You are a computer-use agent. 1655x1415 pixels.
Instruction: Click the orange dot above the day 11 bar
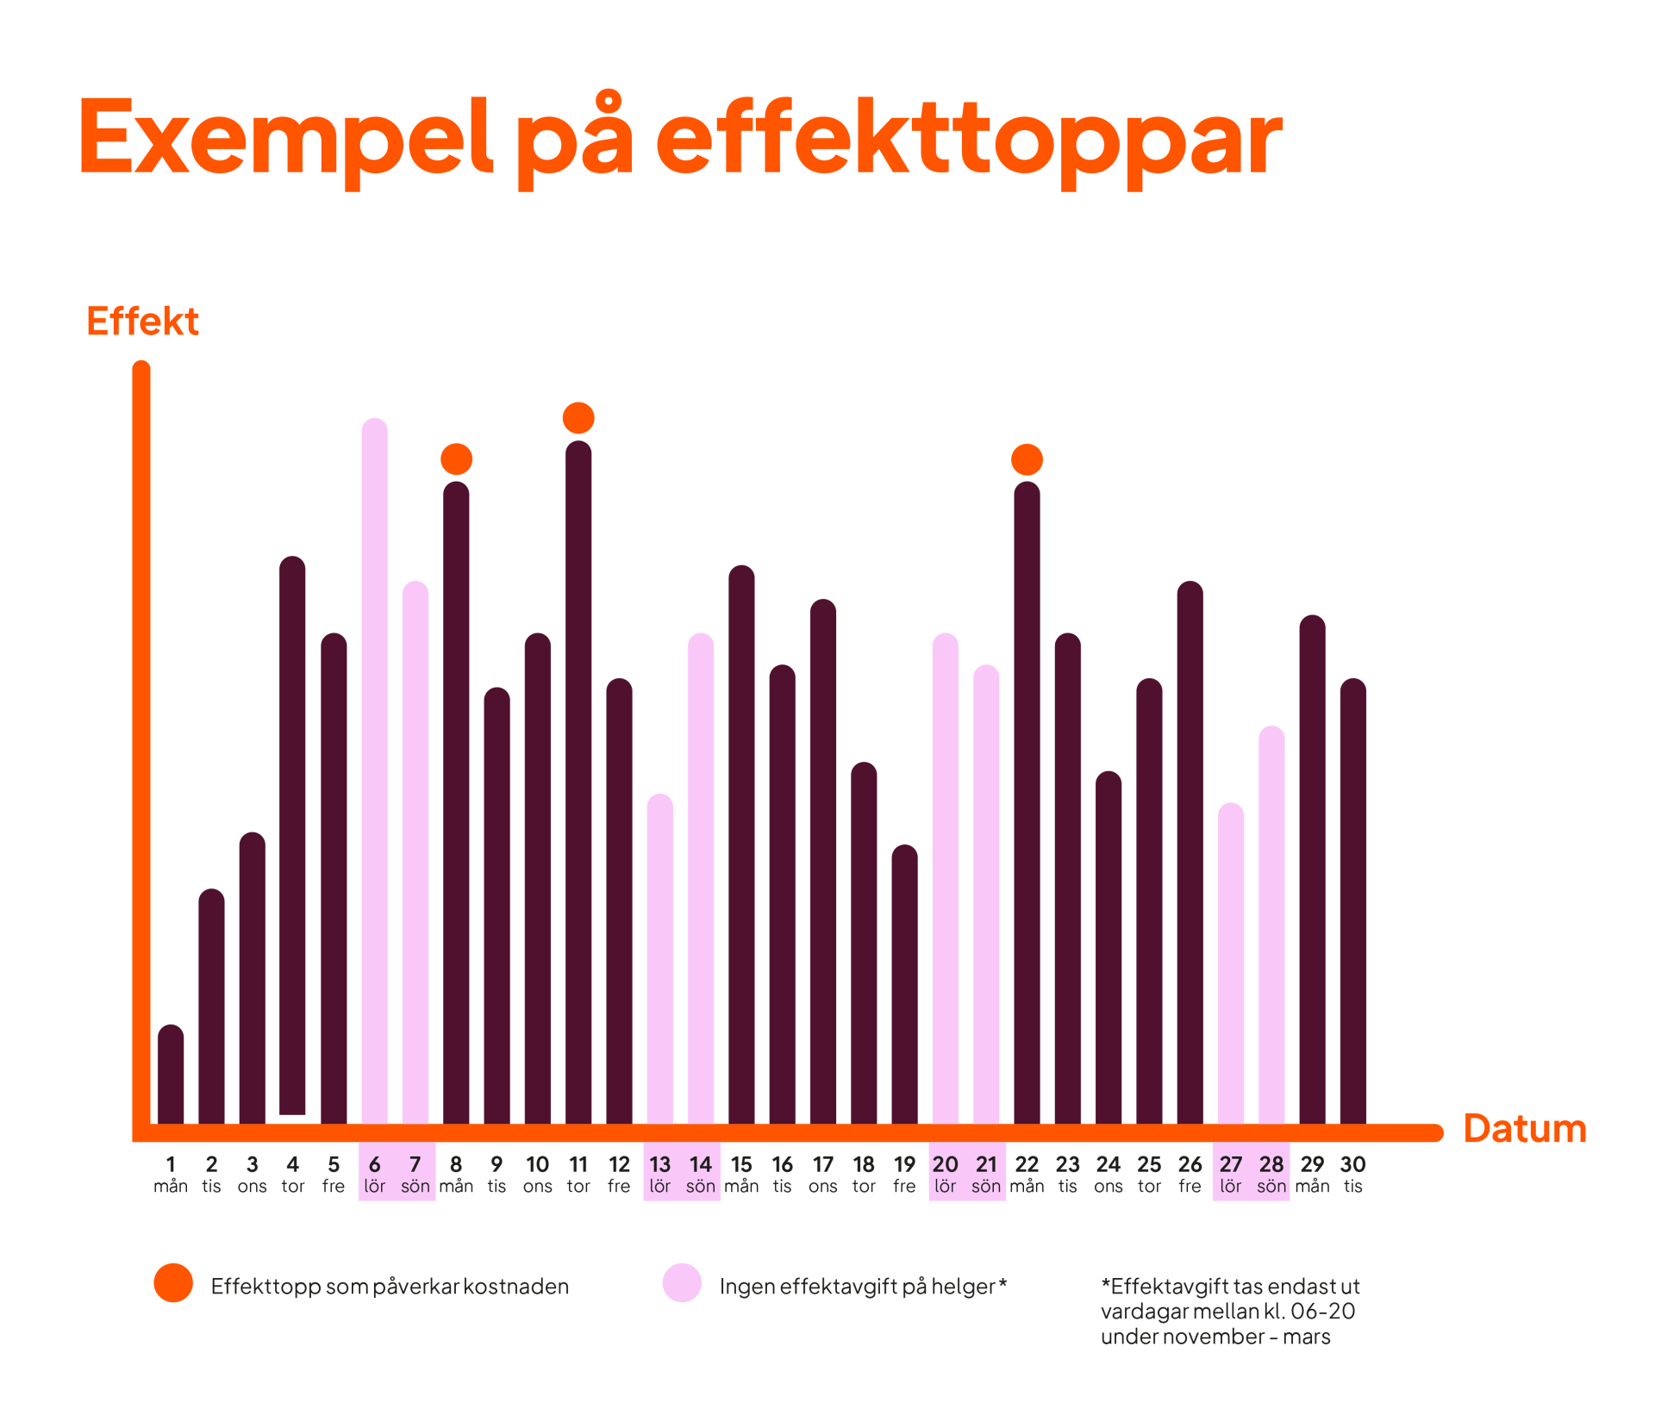click(578, 418)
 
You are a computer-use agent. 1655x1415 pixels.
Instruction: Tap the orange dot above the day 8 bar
click(457, 459)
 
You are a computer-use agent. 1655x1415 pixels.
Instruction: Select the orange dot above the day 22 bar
click(1027, 459)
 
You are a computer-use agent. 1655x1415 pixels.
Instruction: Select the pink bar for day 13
click(659, 957)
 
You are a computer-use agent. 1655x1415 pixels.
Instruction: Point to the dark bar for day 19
click(904, 982)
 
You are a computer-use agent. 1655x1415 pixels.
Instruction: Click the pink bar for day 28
click(1271, 922)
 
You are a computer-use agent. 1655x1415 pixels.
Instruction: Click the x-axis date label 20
click(945, 1165)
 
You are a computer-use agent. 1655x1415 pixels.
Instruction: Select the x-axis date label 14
click(701, 1165)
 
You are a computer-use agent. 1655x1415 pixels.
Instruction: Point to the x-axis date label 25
click(1149, 1165)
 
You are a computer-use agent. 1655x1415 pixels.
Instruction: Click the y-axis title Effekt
click(142, 321)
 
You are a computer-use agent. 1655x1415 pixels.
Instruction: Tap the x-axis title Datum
click(1525, 1129)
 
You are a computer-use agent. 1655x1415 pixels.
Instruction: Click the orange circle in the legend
click(173, 1283)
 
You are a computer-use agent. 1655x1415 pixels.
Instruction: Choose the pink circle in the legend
click(682, 1283)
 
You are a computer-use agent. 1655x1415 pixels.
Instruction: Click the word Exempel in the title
click(284, 138)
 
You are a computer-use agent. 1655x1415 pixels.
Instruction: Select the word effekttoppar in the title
click(970, 142)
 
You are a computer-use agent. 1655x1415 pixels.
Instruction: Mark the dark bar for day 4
click(293, 836)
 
